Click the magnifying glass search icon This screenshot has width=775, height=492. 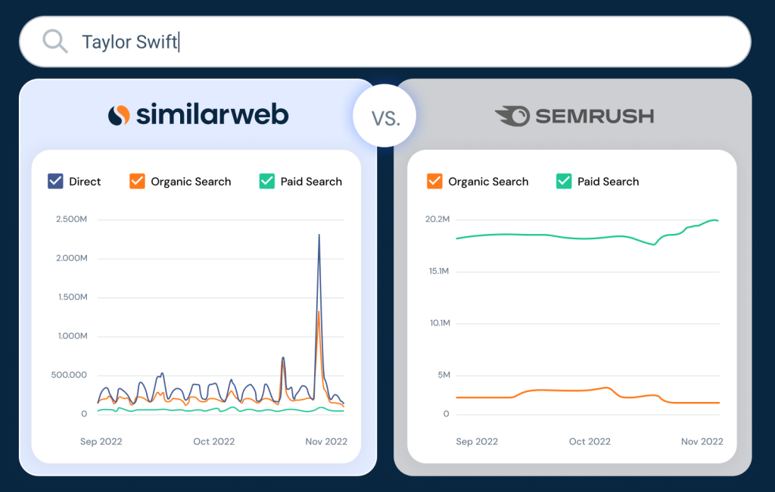(x=54, y=41)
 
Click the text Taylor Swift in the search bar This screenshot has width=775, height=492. (x=129, y=42)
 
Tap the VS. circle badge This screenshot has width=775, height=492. (x=385, y=116)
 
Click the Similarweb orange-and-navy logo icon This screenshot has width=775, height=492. (x=119, y=115)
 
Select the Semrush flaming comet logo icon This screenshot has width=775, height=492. (x=512, y=116)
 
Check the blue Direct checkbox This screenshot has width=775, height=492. (x=55, y=181)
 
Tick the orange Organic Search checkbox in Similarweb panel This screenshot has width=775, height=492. (x=137, y=181)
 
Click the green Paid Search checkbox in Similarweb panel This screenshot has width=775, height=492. (x=267, y=181)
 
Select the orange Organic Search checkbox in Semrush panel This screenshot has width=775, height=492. (x=434, y=181)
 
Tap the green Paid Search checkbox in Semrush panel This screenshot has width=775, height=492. (x=564, y=181)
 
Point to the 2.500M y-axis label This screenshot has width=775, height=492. (x=72, y=219)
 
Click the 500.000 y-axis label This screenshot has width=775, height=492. (x=69, y=375)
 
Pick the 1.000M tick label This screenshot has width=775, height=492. (x=73, y=336)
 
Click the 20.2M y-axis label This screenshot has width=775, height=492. (x=437, y=219)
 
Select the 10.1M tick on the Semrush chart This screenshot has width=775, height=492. (x=440, y=323)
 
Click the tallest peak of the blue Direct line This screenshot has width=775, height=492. (x=319, y=235)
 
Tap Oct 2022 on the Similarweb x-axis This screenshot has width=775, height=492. (x=214, y=441)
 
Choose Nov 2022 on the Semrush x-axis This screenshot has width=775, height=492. (x=702, y=441)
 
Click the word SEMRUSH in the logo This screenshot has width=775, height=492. (x=595, y=117)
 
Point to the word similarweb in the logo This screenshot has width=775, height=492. (x=213, y=114)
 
